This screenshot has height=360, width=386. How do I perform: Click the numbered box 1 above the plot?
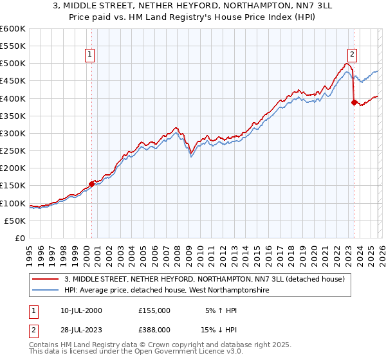(89, 55)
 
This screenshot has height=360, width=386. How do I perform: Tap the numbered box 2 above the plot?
(353, 55)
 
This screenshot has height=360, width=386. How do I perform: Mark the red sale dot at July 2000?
(91, 184)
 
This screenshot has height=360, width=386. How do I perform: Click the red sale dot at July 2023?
(354, 102)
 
